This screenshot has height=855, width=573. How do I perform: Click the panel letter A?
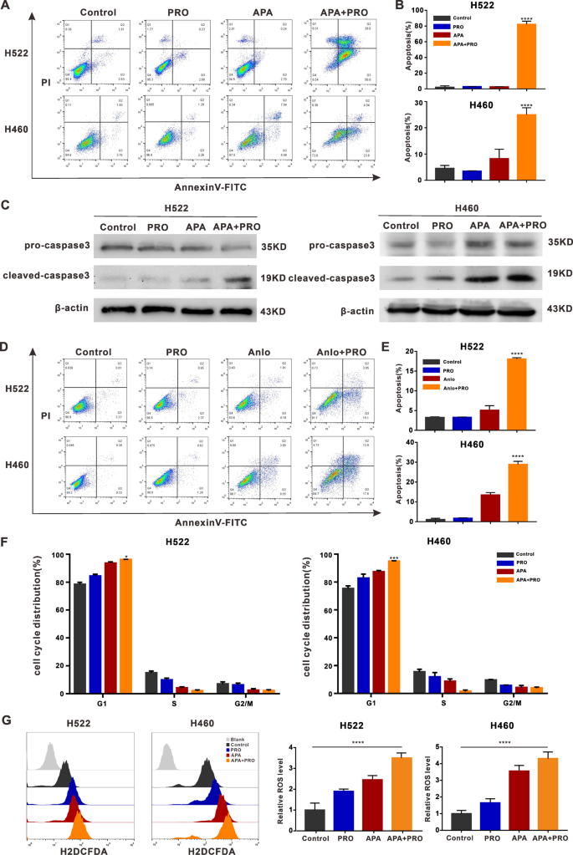[x=7, y=9]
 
